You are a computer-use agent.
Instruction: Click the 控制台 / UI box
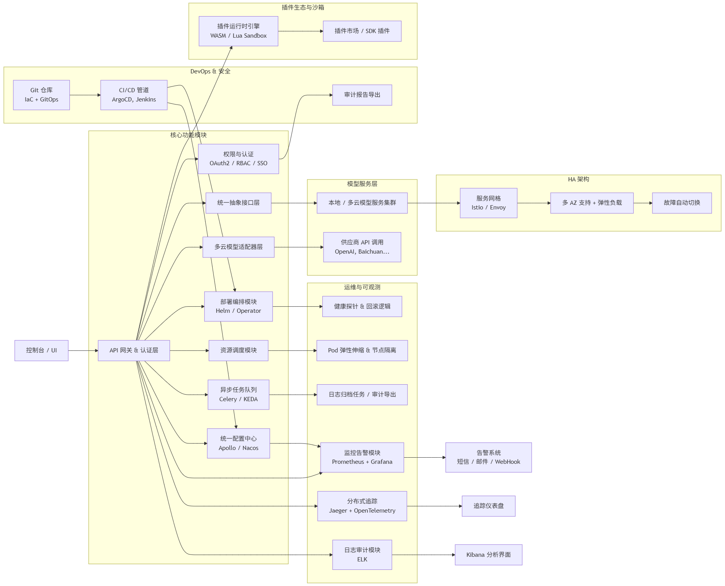[41, 350]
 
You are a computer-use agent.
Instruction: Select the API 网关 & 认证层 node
[134, 350]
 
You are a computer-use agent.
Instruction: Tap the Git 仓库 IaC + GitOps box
[41, 95]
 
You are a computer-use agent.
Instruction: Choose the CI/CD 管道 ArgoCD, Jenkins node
[134, 95]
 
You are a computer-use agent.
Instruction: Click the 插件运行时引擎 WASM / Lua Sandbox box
[238, 31]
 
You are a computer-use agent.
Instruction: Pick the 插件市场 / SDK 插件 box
[362, 31]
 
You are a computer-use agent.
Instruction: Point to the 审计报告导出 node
[362, 95]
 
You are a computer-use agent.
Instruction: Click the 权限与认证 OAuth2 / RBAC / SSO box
[238, 159]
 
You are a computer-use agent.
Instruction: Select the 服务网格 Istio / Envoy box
[488, 203]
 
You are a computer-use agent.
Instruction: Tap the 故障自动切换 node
[682, 203]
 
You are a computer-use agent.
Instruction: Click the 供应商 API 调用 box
[362, 247]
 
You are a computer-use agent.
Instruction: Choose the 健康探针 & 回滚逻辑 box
[362, 306]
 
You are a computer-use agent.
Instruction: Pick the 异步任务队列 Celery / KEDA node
[238, 395]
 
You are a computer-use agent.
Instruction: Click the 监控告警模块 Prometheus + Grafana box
[362, 457]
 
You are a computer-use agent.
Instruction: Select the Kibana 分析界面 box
[488, 555]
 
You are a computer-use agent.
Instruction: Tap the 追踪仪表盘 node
[488, 506]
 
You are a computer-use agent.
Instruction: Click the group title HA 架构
[578, 179]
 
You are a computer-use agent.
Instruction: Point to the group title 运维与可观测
[362, 287]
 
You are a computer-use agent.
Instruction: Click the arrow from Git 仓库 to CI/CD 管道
[85, 95]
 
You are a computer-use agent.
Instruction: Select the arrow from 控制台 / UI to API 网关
[83, 350]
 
